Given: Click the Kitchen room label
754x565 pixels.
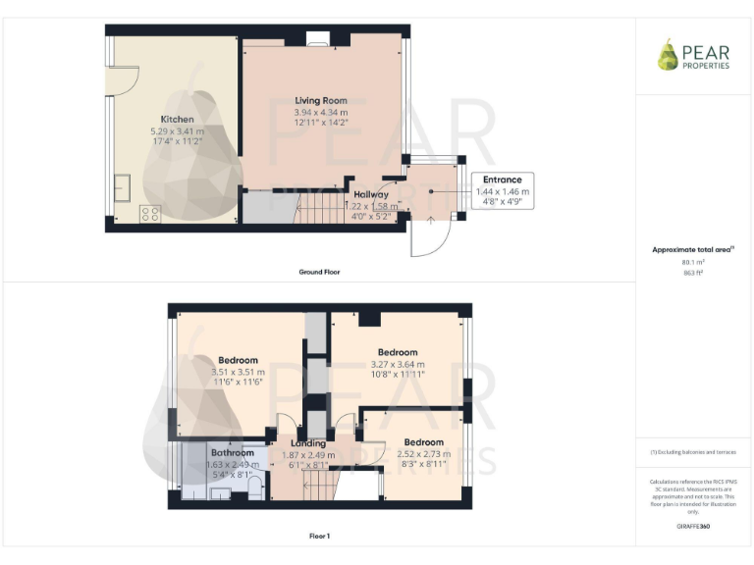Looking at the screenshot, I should coord(178,119).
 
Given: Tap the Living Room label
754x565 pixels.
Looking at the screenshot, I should coord(321,101).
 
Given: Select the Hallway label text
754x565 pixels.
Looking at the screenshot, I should coord(372,195).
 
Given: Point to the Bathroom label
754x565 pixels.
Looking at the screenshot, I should coord(232,452).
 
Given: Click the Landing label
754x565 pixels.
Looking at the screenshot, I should coord(308,443).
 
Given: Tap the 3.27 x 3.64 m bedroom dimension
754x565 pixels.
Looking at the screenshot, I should coord(398,364).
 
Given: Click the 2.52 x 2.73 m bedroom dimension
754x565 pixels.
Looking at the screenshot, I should coord(423,454).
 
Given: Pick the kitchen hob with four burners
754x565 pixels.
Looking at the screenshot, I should coord(150,212).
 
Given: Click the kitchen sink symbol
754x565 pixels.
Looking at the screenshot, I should coord(122,187).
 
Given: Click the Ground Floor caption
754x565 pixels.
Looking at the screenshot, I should coord(320,271).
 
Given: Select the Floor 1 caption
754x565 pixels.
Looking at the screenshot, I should coord(319,537).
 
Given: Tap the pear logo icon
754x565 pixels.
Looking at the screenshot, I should coord(668,55).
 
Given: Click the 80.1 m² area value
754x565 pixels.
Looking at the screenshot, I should coord(693,262).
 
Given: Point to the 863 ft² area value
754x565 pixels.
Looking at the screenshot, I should coord(693,273).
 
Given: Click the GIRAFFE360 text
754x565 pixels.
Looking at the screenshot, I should coord(693,527).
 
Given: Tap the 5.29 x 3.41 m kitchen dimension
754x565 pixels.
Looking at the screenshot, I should coord(178,130).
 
